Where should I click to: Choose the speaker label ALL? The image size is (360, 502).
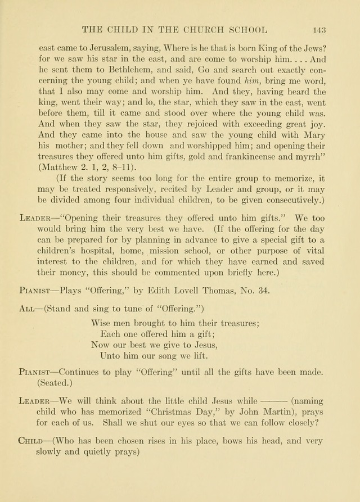coord(26,309)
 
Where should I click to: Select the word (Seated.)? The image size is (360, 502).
coord(55,383)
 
